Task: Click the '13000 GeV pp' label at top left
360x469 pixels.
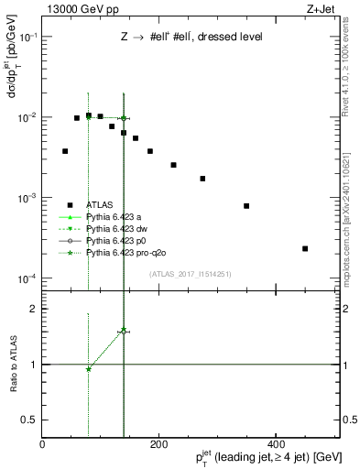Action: [x=76, y=8]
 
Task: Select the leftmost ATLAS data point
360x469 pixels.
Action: [x=65, y=151]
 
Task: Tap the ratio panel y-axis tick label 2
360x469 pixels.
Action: [x=34, y=309]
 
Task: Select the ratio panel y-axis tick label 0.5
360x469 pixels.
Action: [x=29, y=420]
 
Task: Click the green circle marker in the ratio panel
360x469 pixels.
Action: [x=124, y=332]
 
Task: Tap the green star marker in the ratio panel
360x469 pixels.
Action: [x=88, y=369]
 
